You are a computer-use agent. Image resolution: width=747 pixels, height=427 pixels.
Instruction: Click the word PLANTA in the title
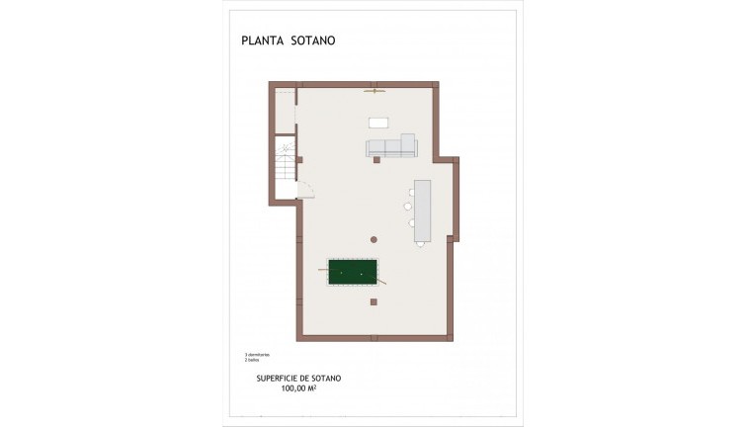260,42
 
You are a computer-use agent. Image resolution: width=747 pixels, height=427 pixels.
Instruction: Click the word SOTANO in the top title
313,42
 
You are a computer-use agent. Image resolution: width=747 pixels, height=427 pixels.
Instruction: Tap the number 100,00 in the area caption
294,388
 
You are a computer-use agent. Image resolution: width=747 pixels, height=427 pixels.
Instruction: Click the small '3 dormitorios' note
257,354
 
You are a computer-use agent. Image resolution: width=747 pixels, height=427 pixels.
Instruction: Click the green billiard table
353,272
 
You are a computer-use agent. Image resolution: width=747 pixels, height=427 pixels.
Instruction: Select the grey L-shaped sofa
391,148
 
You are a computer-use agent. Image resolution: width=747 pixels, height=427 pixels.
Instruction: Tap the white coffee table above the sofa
379,123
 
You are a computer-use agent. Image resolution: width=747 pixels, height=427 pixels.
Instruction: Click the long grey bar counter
423,211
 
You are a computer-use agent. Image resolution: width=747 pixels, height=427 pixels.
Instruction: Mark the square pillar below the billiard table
373,300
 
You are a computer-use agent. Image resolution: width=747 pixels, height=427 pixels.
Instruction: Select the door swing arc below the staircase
306,191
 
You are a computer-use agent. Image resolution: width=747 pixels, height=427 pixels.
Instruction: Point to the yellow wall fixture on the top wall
373,92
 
